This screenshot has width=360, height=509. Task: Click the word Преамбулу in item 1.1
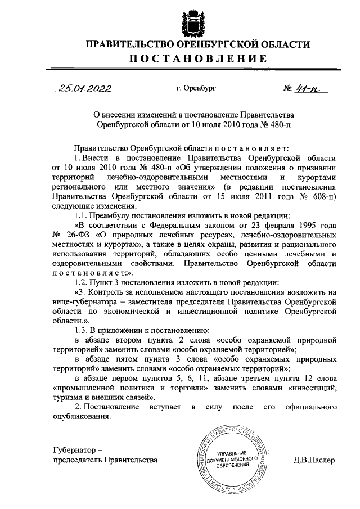pyautogui.click(x=115, y=215)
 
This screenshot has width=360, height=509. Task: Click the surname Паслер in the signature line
pyautogui.click(x=321, y=460)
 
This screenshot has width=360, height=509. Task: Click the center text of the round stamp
pyautogui.click(x=231, y=459)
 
